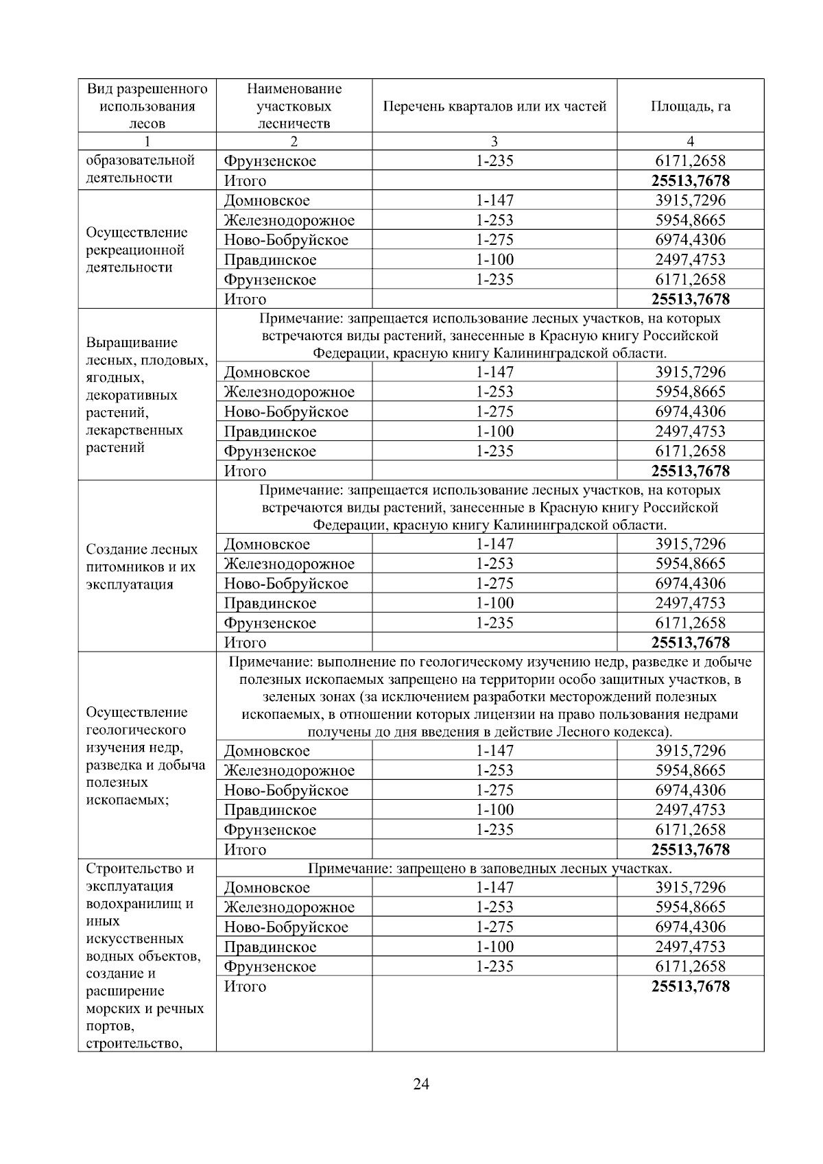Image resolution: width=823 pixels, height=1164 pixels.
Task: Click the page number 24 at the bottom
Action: coord(421,1084)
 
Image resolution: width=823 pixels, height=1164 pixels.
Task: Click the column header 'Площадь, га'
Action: coord(690,106)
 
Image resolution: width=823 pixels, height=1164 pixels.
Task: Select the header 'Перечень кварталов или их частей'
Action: coord(494,106)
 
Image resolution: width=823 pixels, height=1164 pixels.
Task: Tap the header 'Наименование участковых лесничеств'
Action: coord(294,106)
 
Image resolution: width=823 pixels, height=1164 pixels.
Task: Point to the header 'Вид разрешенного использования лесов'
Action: coord(147,106)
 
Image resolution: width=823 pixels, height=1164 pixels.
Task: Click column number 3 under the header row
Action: coord(494,141)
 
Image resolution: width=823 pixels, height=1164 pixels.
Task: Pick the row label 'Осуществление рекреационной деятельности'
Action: coord(136,250)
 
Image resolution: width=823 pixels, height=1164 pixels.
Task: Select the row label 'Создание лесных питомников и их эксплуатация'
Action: coord(142,567)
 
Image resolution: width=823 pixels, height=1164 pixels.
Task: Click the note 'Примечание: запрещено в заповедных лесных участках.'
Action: coord(490,868)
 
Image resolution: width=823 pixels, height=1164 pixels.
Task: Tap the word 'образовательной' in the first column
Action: coord(141,161)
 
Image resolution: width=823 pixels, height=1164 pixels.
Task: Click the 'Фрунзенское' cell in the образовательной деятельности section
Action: coord(270,161)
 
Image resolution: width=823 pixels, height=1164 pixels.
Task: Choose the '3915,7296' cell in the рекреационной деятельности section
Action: coord(690,200)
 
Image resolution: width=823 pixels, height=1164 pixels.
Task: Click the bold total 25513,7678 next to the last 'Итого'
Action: coord(690,986)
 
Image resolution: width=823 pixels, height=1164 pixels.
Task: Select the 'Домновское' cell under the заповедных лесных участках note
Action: coord(267,888)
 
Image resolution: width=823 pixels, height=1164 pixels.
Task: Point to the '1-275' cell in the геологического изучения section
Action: coord(494,789)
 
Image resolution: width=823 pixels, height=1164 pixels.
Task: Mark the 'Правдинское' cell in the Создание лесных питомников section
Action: coord(270,604)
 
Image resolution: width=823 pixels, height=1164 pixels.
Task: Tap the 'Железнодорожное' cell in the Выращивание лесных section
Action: coord(289,392)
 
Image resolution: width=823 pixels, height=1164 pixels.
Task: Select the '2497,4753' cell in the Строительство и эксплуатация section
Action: coord(690,947)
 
